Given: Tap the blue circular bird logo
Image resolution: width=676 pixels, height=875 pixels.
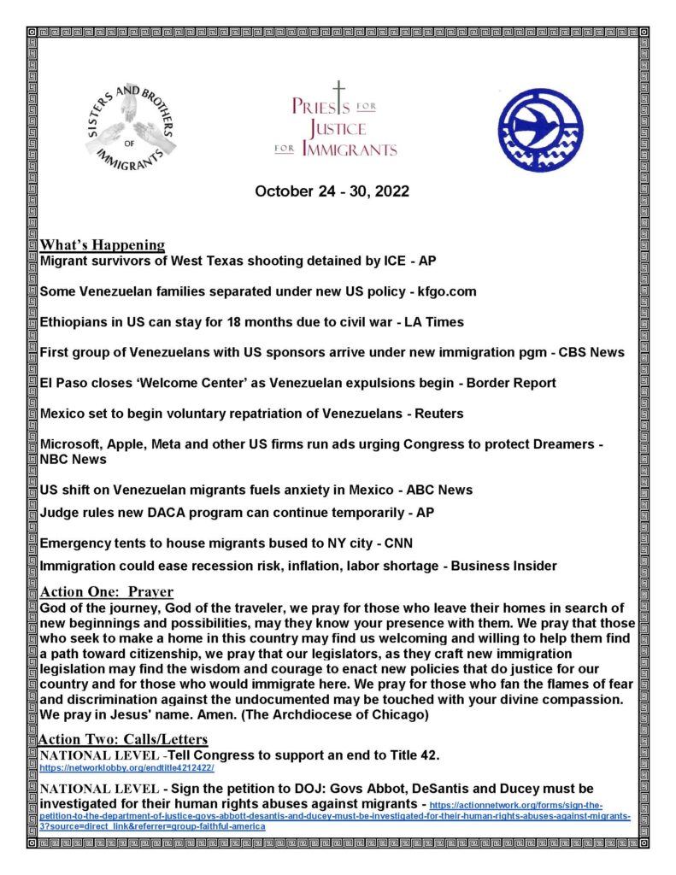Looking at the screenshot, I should pyautogui.click(x=540, y=130).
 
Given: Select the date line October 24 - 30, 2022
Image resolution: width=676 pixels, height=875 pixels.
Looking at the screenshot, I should pyautogui.click(x=332, y=191).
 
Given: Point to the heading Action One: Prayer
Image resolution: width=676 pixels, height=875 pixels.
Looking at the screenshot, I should pyautogui.click(x=107, y=592).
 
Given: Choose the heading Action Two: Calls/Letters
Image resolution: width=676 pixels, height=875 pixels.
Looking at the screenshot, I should pyautogui.click(x=123, y=738).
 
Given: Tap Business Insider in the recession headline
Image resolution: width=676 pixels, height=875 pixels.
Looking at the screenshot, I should pyautogui.click(x=504, y=566).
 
